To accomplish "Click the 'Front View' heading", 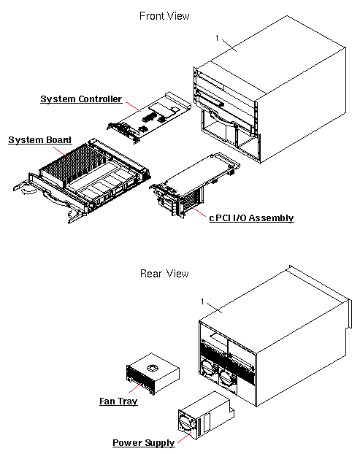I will tap(164, 15).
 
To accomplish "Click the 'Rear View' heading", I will tap(164, 274).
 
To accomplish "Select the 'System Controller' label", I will tap(80, 99).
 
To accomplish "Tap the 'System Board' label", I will tap(39, 139).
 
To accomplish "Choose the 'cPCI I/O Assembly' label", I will tap(251, 218).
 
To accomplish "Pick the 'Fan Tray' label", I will tap(118, 401).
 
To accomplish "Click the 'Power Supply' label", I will tap(143, 442).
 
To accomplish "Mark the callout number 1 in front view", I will tap(218, 37).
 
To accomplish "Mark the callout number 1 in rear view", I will tap(202, 301).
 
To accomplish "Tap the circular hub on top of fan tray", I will tap(153, 368).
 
